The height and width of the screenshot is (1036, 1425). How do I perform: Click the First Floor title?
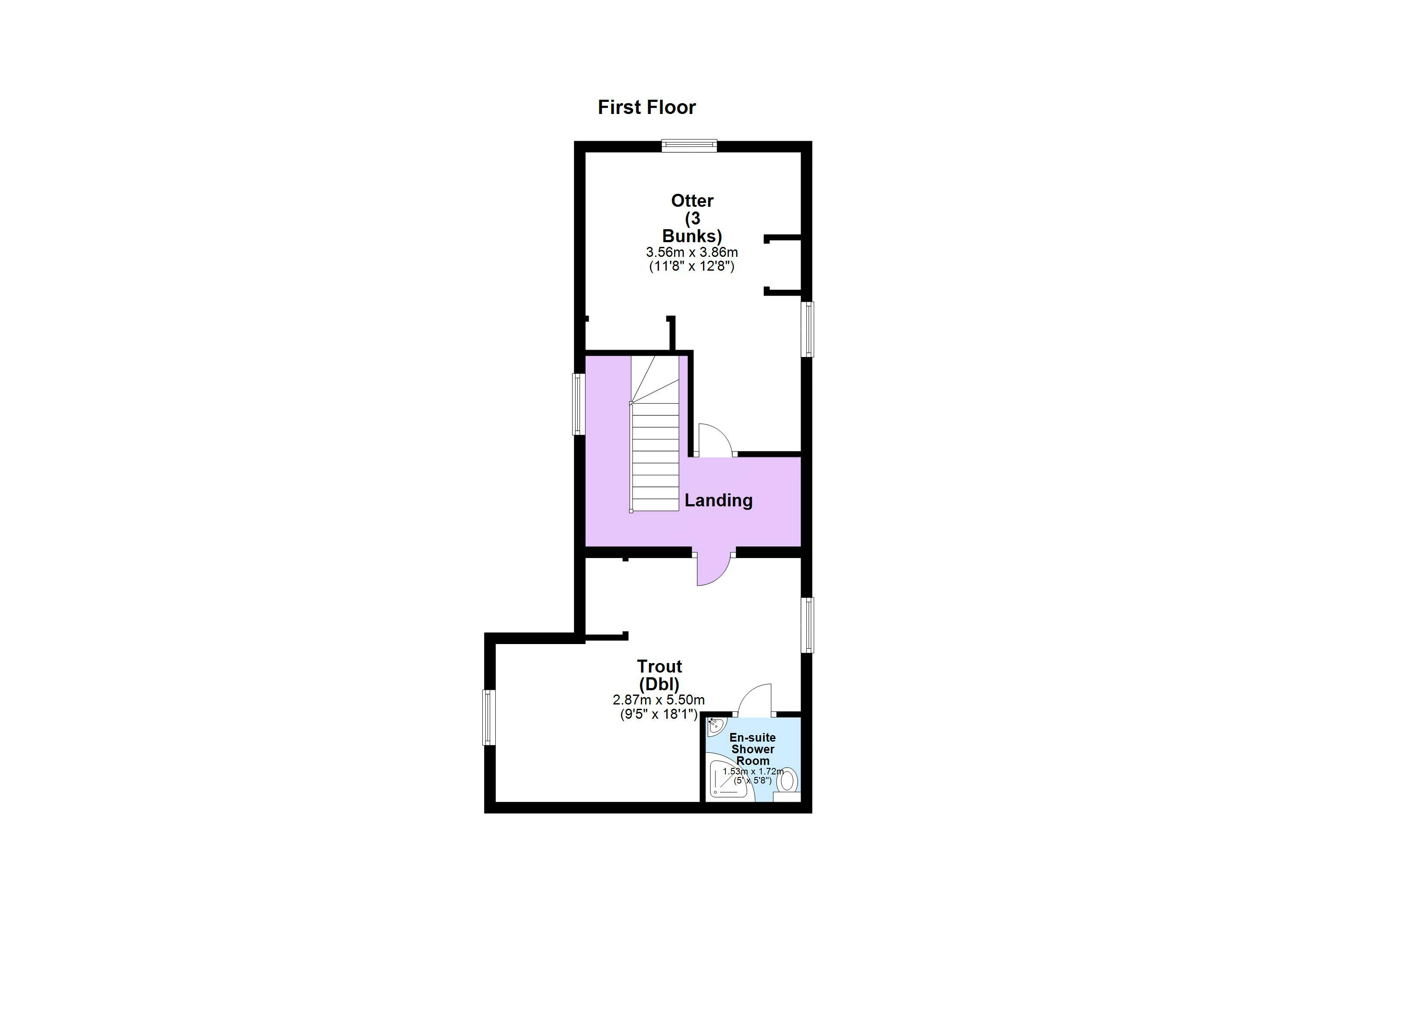point(646,107)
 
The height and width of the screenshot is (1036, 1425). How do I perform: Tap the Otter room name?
point(692,201)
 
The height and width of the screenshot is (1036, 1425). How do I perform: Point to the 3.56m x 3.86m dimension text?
point(692,253)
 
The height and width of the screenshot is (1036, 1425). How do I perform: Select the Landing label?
point(718,501)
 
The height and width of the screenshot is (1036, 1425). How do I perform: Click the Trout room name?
point(659,666)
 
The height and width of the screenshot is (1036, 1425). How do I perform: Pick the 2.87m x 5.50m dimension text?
point(659,700)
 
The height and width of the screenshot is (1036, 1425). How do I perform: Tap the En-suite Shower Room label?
point(753,749)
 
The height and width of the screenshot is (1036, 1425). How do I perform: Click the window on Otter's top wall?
point(689,146)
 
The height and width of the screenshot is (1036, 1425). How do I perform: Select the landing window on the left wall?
point(579,404)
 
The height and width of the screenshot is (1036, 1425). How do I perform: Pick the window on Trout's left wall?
point(489,717)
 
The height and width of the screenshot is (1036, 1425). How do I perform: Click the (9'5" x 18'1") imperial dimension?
point(659,714)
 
